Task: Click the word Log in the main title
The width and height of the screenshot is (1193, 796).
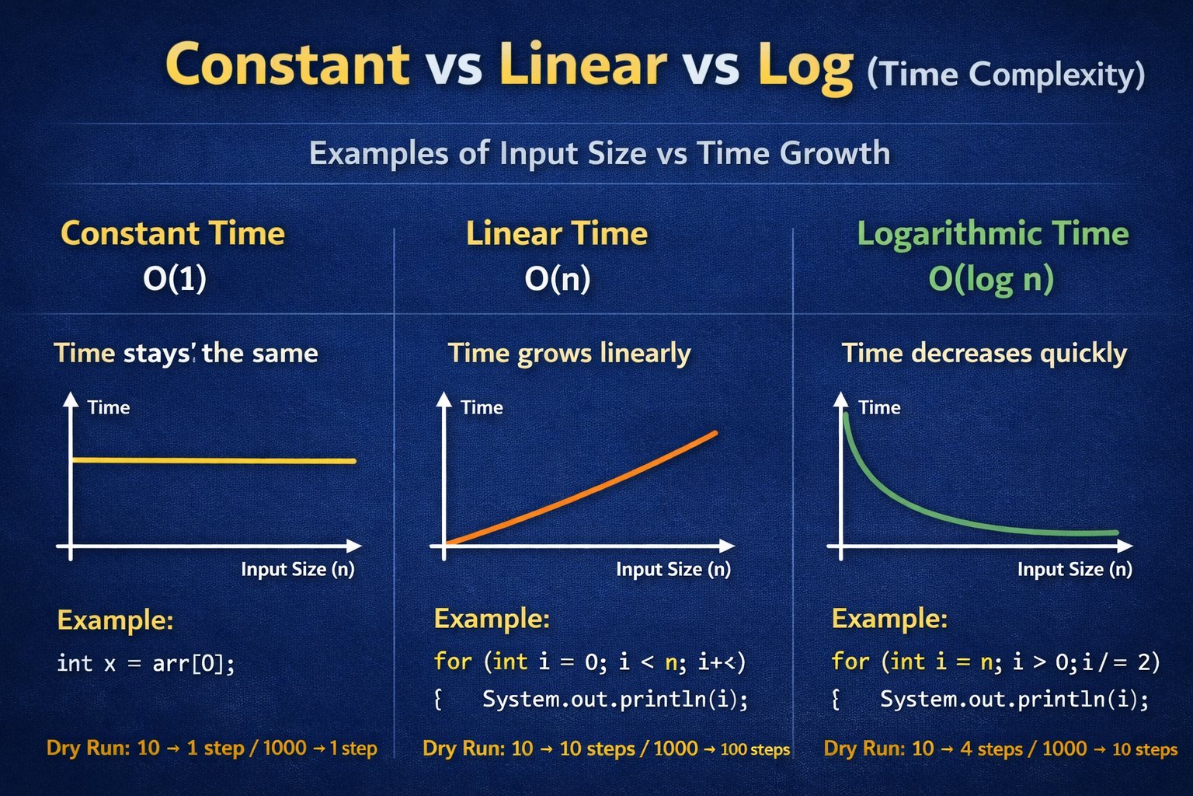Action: coord(805,68)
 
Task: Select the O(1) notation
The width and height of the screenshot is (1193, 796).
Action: coord(175,278)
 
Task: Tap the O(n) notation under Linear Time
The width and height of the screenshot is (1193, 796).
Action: coord(558,278)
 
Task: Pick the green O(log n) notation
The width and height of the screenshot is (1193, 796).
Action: coord(991,279)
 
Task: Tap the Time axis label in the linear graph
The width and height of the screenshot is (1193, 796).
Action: coord(482,408)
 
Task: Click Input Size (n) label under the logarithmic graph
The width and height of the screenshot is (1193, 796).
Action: coord(1075,570)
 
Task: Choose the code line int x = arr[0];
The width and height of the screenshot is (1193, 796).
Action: coord(145,664)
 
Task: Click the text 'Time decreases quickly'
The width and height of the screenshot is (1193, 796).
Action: coord(984,354)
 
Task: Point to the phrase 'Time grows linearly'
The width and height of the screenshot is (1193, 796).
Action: coord(569,354)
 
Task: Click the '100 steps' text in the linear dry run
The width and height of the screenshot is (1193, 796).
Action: coord(755,749)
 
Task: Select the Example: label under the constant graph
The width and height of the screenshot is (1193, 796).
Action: coord(115,620)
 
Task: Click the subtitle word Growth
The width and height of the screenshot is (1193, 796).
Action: coord(835,155)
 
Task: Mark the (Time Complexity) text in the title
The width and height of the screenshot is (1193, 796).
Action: coord(1006,75)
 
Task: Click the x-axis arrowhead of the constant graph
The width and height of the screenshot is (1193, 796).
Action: coord(354,546)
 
